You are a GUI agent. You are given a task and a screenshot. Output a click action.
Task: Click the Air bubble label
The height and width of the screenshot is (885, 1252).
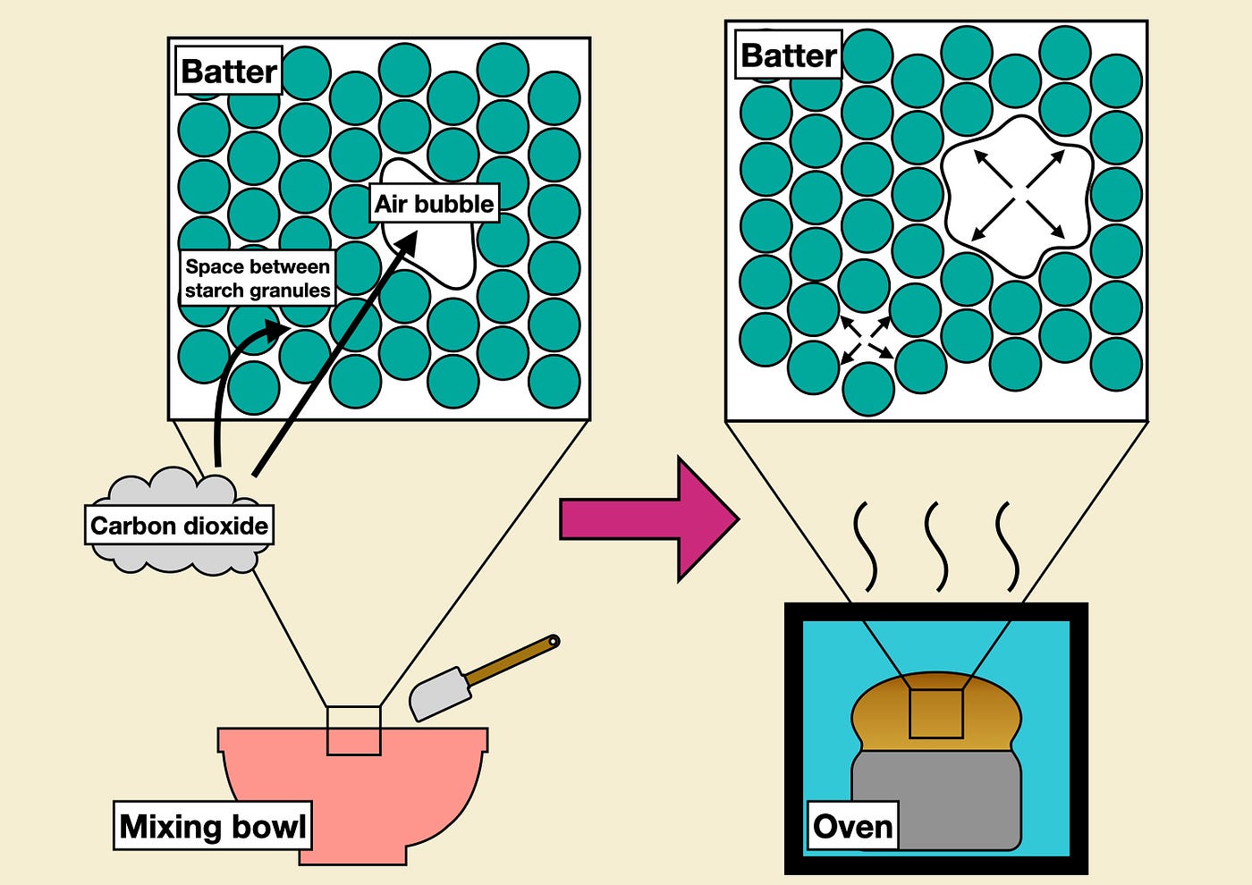point(435,204)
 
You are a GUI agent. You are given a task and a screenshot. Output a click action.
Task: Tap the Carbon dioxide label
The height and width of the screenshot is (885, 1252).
point(179,526)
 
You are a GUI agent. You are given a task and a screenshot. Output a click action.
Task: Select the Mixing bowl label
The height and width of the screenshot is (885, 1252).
point(213,826)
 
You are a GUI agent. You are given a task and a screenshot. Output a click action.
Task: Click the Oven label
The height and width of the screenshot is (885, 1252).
point(852,826)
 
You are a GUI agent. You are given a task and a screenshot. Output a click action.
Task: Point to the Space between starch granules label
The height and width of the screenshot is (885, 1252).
point(258,278)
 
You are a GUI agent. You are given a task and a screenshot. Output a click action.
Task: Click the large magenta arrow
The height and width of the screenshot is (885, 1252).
point(649,519)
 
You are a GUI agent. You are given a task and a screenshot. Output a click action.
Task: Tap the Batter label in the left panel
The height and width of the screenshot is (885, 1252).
point(229,71)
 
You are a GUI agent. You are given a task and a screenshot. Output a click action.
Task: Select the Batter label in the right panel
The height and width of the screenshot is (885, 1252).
point(789,55)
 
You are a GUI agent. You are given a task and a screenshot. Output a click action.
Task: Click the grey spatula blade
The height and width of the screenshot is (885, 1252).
point(440,692)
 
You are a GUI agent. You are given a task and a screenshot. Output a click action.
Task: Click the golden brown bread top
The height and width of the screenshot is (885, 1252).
point(937,711)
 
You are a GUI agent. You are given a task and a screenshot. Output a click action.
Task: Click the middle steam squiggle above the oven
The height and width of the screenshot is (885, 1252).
point(936,547)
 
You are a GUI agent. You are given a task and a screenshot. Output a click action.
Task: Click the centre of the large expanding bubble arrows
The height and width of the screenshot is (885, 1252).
point(1019,195)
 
